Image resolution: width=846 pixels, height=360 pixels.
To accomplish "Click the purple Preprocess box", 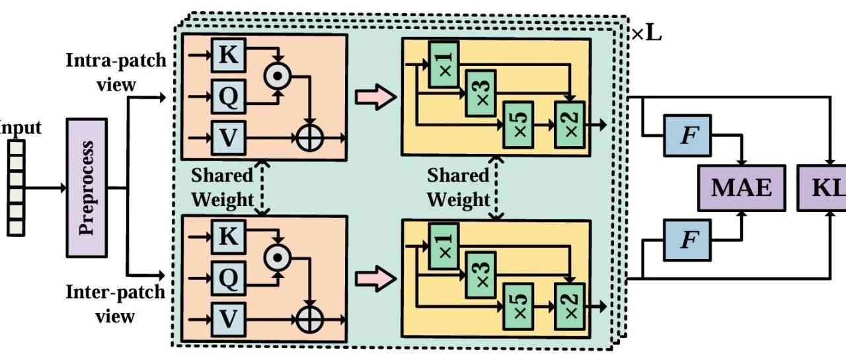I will (x=87, y=188).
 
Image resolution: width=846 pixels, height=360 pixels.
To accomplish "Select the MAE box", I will (x=741, y=188).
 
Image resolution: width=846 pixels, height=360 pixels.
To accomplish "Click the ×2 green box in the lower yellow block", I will (x=569, y=305).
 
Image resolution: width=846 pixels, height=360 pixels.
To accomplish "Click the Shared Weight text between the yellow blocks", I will (x=459, y=187).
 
